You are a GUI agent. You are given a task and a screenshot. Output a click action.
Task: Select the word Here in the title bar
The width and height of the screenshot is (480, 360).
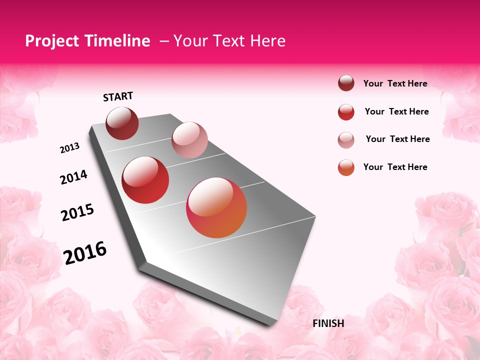(267, 41)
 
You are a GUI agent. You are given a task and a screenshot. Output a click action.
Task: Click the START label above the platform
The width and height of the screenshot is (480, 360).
(118, 96)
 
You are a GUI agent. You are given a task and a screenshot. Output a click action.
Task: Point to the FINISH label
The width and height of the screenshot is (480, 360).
(328, 323)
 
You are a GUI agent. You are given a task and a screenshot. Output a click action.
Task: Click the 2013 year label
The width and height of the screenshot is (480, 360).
(69, 148)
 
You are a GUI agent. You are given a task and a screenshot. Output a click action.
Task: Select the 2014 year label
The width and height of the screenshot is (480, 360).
(73, 177)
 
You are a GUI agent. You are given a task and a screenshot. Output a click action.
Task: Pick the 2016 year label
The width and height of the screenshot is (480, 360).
(85, 253)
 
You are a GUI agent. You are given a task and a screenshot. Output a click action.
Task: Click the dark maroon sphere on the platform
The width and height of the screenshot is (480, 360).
(122, 123)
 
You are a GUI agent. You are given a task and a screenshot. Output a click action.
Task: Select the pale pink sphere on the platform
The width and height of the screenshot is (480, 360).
(189, 139)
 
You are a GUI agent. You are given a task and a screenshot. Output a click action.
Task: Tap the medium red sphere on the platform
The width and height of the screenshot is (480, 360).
(145, 180)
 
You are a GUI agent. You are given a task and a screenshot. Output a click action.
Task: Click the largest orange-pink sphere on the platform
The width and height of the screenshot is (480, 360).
(216, 207)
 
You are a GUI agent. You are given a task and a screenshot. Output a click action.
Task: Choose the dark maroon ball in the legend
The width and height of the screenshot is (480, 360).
(346, 83)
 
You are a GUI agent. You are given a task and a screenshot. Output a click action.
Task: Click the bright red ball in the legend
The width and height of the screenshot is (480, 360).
(346, 112)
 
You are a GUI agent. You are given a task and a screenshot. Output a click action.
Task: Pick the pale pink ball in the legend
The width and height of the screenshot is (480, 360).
(346, 140)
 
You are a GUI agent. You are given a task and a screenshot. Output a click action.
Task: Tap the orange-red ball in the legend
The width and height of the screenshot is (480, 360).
(346, 167)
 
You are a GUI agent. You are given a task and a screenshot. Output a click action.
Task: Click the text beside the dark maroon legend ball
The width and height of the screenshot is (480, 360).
(395, 83)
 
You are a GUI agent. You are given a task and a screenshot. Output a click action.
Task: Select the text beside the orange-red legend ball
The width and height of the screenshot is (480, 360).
(395, 167)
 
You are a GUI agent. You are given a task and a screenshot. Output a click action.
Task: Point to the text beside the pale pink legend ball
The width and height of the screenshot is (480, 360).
(397, 139)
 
